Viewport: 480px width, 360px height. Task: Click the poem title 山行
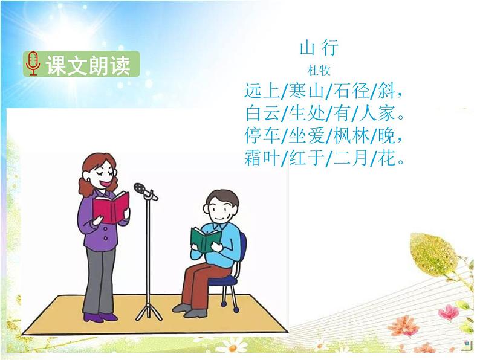point(319,47)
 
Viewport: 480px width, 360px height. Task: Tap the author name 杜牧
point(319,71)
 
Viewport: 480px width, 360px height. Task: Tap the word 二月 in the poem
point(350,158)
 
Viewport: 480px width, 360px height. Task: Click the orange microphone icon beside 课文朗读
point(33,64)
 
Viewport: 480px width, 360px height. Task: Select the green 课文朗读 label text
point(88,65)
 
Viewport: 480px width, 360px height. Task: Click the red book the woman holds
point(111,207)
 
